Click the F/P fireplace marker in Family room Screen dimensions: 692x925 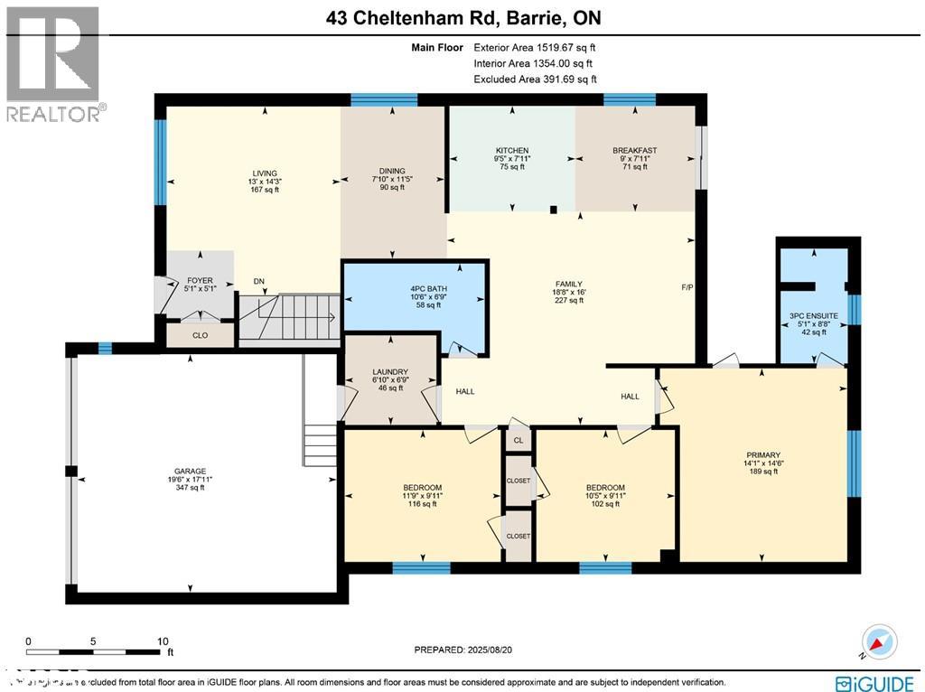tap(687, 288)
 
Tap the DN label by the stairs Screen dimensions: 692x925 tap(258, 281)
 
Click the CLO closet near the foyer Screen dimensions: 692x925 tap(200, 334)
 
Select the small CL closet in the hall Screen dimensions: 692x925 tap(518, 441)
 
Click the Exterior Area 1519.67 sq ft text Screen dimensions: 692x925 tap(535, 47)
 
